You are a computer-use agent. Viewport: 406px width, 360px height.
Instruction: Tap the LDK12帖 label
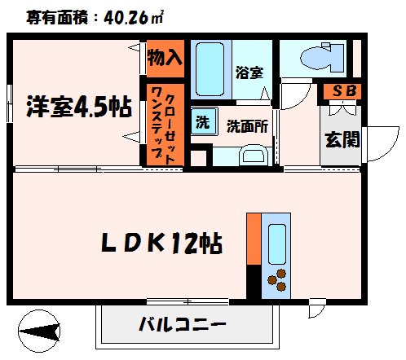(x=163, y=242)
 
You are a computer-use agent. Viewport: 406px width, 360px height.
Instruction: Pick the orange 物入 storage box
(x=165, y=58)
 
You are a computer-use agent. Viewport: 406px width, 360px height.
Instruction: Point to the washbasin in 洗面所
(x=253, y=154)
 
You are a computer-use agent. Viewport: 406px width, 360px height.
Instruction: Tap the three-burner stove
(x=276, y=280)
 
